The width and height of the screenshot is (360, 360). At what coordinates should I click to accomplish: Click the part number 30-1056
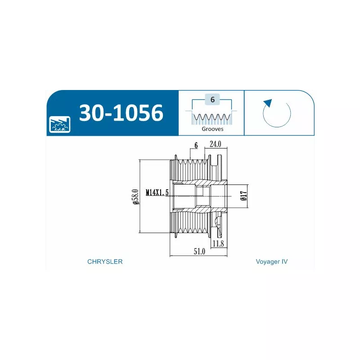(121, 112)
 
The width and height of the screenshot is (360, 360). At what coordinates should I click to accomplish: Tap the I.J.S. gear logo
(60, 125)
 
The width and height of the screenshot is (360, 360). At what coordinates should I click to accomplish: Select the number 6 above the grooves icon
(212, 99)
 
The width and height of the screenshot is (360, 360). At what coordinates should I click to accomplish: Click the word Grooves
(212, 129)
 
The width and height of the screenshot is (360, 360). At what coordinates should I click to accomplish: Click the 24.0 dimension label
(216, 144)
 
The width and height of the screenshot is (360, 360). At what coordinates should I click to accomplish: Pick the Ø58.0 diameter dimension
(135, 197)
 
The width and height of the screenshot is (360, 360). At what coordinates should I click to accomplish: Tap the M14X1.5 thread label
(157, 192)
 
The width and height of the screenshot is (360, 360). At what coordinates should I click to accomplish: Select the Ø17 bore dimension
(244, 196)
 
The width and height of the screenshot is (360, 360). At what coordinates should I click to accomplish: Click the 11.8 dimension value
(218, 243)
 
